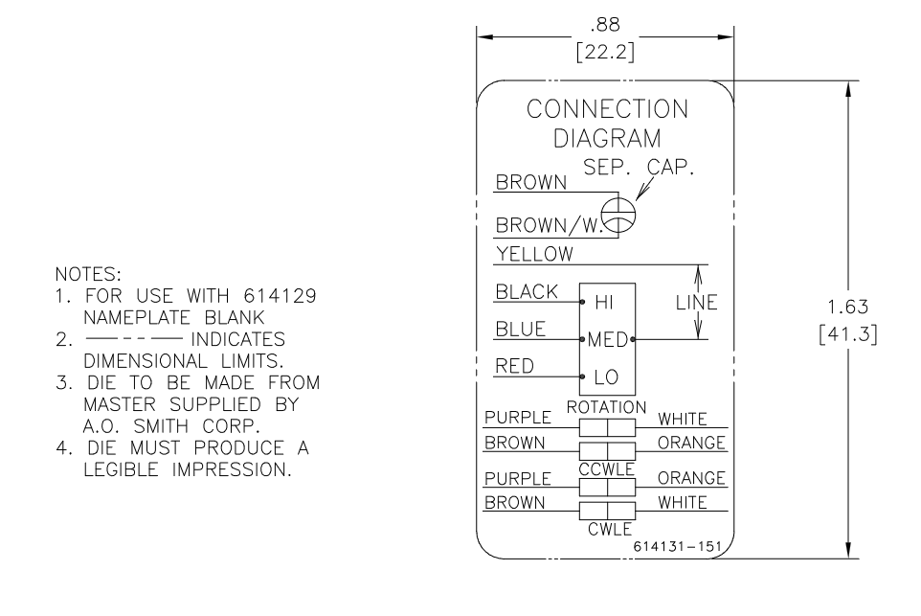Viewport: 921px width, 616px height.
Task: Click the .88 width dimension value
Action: [x=605, y=25]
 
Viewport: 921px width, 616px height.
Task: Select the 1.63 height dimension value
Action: [x=847, y=307]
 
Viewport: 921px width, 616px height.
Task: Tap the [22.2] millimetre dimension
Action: [x=605, y=52]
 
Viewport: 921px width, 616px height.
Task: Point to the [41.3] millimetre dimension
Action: [x=847, y=333]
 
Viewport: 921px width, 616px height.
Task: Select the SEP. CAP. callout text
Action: [x=639, y=168]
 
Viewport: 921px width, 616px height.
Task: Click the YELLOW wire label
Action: [x=534, y=254]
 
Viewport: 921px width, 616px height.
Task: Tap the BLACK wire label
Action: [x=527, y=291]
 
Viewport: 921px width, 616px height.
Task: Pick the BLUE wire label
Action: [x=521, y=329]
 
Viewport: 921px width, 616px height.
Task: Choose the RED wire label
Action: [x=514, y=366]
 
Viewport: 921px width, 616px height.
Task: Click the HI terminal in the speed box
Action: [x=604, y=302]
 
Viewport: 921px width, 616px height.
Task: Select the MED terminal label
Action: [x=607, y=340]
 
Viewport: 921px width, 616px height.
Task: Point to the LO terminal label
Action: [x=606, y=376]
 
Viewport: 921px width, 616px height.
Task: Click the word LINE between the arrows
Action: [x=696, y=302]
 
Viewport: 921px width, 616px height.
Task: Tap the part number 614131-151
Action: [x=677, y=546]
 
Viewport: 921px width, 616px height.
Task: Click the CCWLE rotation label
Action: [x=607, y=469]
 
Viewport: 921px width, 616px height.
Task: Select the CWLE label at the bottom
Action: [x=610, y=529]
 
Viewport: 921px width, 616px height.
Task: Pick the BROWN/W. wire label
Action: [x=550, y=225]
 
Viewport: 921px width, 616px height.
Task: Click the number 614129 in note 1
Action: [x=280, y=295]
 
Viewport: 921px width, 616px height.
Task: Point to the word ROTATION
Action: [x=606, y=407]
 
